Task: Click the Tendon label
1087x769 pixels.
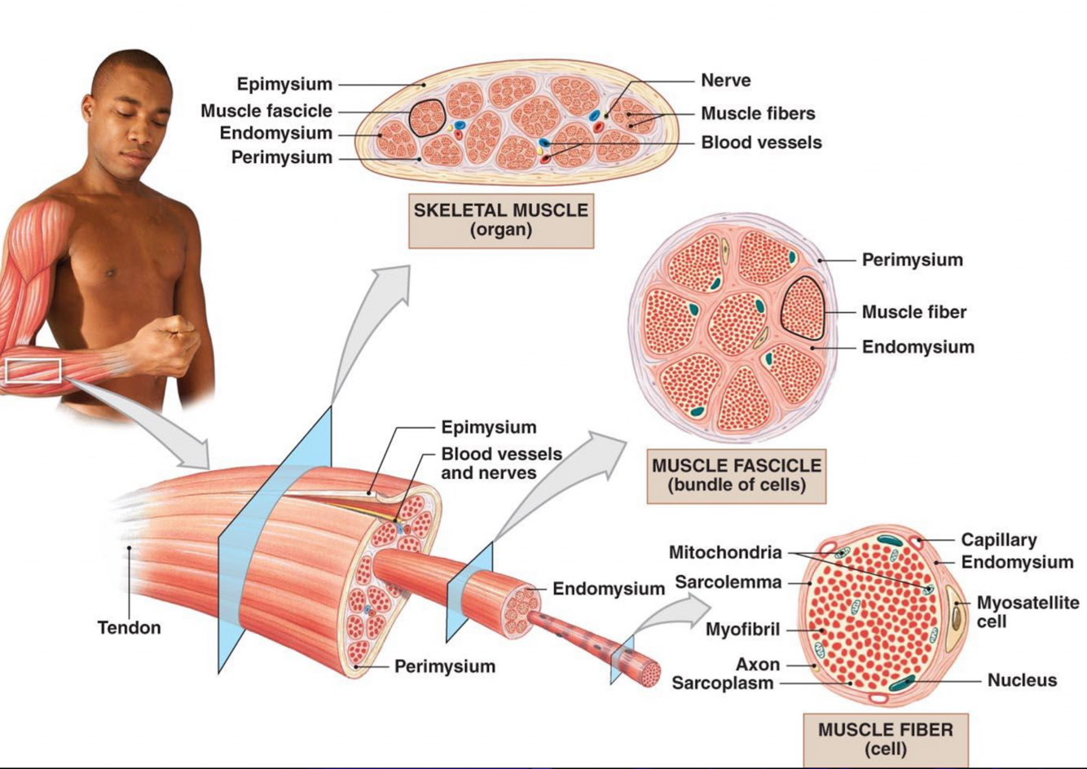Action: [x=129, y=628]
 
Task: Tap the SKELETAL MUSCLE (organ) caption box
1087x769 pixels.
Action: [x=500, y=220]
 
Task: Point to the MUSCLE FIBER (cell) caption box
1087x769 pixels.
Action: [x=885, y=738]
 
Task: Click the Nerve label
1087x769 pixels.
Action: [x=725, y=81]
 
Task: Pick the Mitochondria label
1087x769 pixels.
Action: [x=724, y=553]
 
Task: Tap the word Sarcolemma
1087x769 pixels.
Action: [x=728, y=582]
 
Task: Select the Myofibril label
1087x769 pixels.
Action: [x=742, y=630]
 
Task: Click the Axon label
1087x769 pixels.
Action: [x=757, y=665]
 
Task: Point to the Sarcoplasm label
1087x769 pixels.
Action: [x=722, y=683]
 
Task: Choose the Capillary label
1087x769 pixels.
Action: [x=999, y=540]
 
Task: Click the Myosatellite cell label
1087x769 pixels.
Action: [x=1027, y=612]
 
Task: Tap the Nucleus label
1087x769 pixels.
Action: [x=1022, y=680]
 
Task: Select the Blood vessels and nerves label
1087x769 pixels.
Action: [x=501, y=463]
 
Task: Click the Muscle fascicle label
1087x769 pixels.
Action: [x=266, y=111]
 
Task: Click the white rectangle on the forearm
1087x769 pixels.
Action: [x=33, y=371]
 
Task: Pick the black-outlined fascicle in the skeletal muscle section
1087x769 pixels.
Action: [x=427, y=118]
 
